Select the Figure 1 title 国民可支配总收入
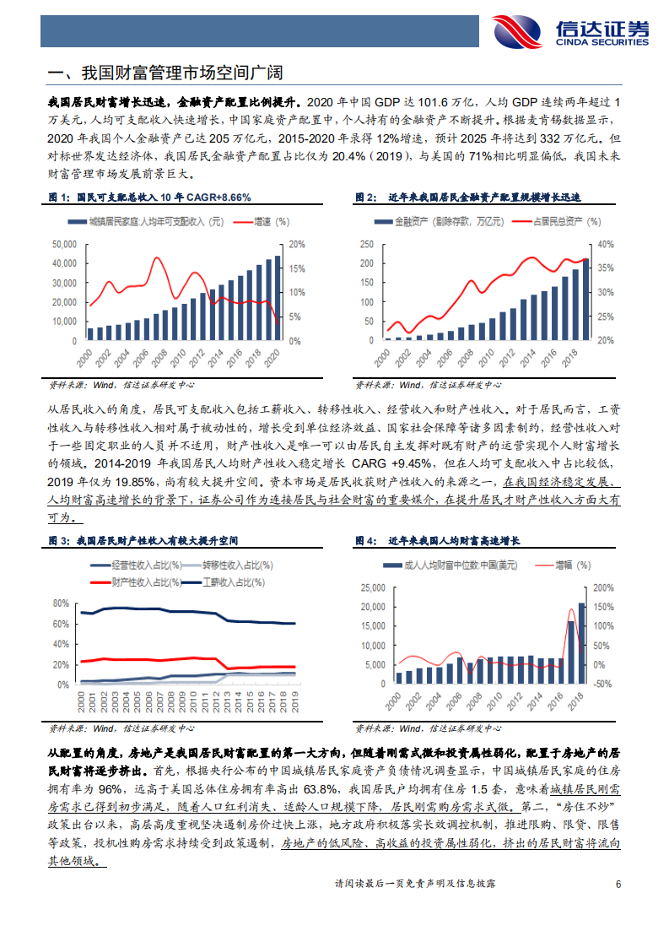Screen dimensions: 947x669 (150, 198)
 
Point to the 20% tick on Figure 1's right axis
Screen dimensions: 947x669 (295, 244)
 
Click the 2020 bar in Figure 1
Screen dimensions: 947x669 (278, 297)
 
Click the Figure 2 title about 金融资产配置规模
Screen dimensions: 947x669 (484, 198)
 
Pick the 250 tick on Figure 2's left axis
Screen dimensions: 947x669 (365, 244)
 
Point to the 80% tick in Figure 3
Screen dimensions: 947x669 (60, 603)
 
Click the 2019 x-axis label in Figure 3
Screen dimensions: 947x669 (293, 701)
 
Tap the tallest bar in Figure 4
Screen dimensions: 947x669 (582, 642)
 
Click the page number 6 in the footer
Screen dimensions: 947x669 (618, 885)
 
